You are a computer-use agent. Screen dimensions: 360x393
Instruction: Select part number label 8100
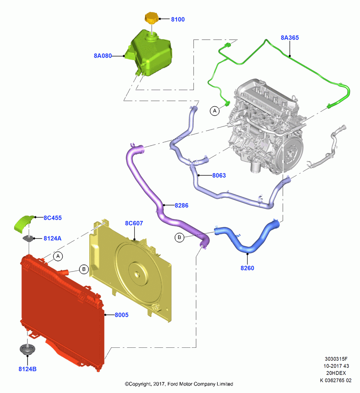[x=178, y=19]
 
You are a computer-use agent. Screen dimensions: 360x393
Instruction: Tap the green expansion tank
[x=151, y=53]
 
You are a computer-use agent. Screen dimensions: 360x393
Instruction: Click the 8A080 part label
[x=103, y=56]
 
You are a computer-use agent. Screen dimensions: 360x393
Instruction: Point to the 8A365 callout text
[x=290, y=38]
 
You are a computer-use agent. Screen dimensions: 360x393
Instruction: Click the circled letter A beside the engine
[x=215, y=110]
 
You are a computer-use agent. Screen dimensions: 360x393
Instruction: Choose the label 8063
[x=219, y=175]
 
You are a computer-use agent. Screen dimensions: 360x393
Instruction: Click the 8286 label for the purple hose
[x=182, y=205]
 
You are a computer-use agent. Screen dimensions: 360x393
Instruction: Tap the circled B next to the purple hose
[x=179, y=237]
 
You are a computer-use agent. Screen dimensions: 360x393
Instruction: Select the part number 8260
[x=247, y=268]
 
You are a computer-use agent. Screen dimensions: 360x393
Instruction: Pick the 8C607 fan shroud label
[x=134, y=223]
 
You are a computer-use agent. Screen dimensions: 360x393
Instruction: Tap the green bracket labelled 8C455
[x=24, y=223]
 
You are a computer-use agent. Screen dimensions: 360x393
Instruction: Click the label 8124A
[x=52, y=239]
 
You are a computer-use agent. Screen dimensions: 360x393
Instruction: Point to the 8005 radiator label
[x=121, y=315]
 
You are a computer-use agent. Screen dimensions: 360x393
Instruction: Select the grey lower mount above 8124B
[x=28, y=349]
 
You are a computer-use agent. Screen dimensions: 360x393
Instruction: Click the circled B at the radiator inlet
[x=84, y=269]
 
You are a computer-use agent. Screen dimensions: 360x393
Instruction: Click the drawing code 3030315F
[x=336, y=359]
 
